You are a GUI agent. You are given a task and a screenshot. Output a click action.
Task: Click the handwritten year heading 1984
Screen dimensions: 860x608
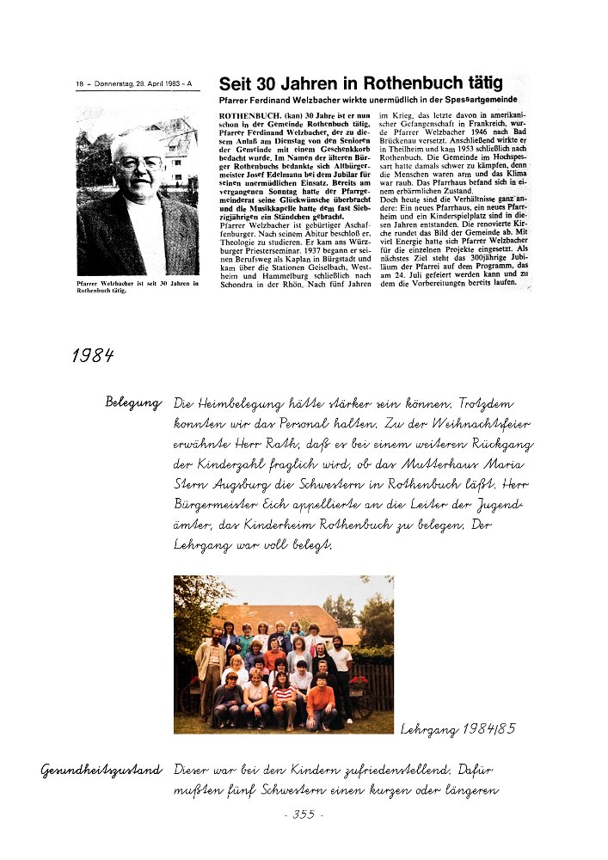click(x=94, y=356)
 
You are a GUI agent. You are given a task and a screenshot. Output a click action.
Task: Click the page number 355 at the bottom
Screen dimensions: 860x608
click(x=303, y=814)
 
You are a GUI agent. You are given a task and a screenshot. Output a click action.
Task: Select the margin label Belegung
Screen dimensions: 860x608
click(x=133, y=402)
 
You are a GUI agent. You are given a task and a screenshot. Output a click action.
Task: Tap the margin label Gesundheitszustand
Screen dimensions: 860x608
click(x=101, y=770)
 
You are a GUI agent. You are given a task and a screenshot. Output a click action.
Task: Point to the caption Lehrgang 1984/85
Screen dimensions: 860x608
click(x=457, y=729)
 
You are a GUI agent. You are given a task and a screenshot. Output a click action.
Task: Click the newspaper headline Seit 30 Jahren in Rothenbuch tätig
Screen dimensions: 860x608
click(x=360, y=84)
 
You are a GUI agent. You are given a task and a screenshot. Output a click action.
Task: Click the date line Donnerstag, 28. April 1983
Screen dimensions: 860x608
click(x=138, y=84)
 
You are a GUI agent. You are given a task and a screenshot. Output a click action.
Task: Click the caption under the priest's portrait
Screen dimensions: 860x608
click(x=138, y=286)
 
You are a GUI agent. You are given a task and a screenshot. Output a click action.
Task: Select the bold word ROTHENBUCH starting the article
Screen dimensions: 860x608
click(x=249, y=114)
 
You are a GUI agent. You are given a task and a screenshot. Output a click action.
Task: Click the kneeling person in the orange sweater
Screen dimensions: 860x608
click(x=319, y=697)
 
